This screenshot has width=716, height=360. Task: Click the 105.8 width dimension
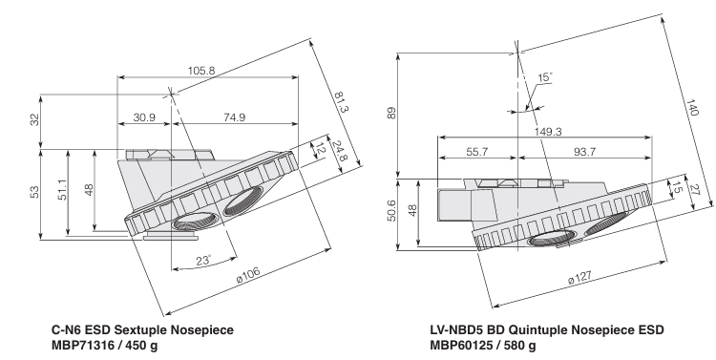click(x=200, y=71)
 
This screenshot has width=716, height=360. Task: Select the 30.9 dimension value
click(x=144, y=117)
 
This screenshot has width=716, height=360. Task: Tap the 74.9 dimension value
click(x=234, y=117)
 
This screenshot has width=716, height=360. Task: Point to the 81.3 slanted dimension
click(x=341, y=103)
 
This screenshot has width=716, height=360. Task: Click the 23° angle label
click(x=203, y=261)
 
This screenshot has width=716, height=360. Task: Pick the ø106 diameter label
click(x=249, y=275)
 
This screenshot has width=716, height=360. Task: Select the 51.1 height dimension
click(x=62, y=190)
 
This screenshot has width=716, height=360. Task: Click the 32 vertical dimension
click(x=34, y=119)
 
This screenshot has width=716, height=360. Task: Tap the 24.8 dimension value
click(x=339, y=151)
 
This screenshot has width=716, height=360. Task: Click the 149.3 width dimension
click(x=548, y=132)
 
